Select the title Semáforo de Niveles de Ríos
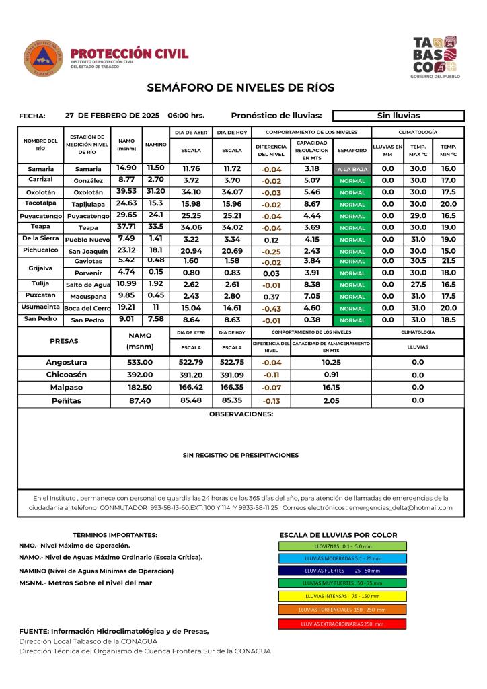(x=240, y=87)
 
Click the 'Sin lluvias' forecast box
(x=398, y=116)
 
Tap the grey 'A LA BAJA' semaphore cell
(x=352, y=170)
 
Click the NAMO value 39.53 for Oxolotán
(x=126, y=192)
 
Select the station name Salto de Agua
(x=88, y=285)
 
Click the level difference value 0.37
(x=272, y=297)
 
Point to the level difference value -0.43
(x=272, y=308)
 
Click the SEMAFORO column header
(x=352, y=150)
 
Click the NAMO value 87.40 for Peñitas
(x=140, y=400)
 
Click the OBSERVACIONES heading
(x=241, y=414)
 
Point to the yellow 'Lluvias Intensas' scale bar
(x=342, y=595)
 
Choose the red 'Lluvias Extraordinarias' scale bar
(x=342, y=624)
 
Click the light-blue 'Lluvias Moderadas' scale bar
(x=342, y=558)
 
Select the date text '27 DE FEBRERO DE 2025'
(x=112, y=116)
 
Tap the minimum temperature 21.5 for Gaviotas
(x=448, y=261)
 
